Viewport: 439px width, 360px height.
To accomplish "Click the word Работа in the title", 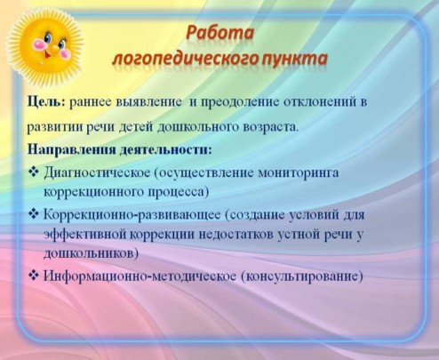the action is click(219, 33).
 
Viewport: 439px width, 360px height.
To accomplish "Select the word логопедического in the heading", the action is click(186, 59).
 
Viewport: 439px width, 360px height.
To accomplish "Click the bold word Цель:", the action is click(46, 102).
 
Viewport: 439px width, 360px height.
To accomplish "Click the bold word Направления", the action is click(72, 149).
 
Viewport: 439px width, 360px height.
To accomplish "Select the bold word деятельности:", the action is click(166, 149).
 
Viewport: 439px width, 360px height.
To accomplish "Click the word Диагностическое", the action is click(97, 173).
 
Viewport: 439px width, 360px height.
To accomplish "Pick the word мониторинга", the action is click(299, 172).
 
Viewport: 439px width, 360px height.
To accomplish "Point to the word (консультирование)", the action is click(301, 276).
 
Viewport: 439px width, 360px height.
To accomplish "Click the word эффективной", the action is click(85, 235).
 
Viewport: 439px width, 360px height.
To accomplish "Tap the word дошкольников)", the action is click(91, 254).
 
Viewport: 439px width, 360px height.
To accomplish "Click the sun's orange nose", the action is click(53, 49).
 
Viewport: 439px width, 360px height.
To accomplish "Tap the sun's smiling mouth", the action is click(47, 54).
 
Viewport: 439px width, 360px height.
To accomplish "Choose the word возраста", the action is click(270, 127).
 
